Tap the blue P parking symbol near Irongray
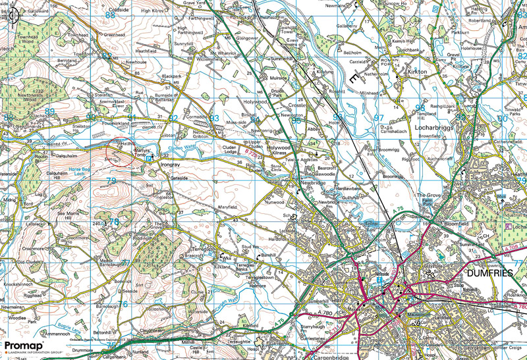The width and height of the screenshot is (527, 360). point(150,158)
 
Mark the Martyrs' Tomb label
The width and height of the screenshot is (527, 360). point(144,152)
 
